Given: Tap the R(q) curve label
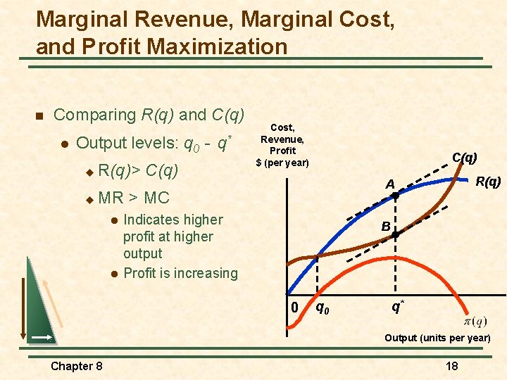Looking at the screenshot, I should click(487, 182).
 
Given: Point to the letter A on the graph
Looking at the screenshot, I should click(389, 184).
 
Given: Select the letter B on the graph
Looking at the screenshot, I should click(386, 227).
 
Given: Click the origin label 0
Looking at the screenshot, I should click(295, 308).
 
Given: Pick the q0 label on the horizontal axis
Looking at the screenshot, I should click(323, 307).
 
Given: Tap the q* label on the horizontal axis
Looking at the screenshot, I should click(398, 306).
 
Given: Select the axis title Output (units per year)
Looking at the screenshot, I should click(437, 338).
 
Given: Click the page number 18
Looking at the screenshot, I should click(451, 365).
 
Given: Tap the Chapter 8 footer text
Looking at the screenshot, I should click(77, 365).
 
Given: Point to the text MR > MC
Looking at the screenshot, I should click(134, 197).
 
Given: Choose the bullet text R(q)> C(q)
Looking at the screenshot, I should click(138, 170).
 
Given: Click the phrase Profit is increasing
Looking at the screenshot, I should click(180, 273).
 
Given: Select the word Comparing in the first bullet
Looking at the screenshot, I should click(95, 115).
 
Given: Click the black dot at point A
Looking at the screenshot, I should click(395, 196).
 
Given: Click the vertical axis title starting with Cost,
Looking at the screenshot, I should click(282, 145).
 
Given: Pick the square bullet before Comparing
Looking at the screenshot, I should click(39, 115).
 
